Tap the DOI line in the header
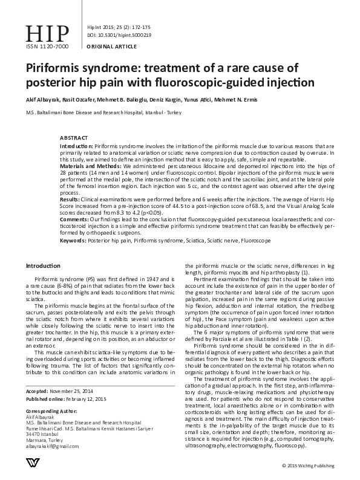pos(119,36)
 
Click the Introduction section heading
pos(43,267)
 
